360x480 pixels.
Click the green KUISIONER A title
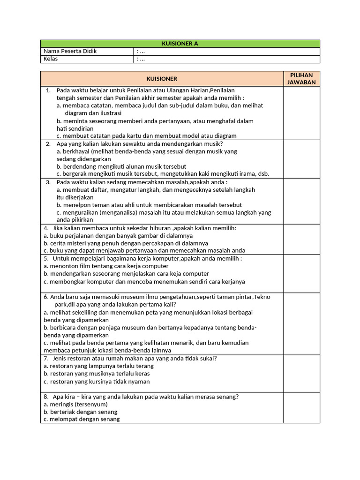point(180,44)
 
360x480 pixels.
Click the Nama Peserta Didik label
point(70,51)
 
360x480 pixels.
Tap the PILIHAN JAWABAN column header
point(301,79)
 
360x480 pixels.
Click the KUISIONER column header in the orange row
point(162,79)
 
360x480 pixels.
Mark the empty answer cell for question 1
point(301,112)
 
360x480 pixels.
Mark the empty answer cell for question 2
point(301,158)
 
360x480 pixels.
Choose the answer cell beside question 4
point(301,239)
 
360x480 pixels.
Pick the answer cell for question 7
point(301,373)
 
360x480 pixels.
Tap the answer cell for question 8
point(301,407)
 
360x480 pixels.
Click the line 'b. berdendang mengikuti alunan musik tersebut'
point(121,166)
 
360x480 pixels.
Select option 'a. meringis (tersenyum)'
point(75,404)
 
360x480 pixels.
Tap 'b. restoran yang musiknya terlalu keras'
point(97,374)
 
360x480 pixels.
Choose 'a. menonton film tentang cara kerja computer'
point(106,266)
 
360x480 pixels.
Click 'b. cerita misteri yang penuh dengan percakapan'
point(126,243)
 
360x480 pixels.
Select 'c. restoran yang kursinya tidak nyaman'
point(97,382)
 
